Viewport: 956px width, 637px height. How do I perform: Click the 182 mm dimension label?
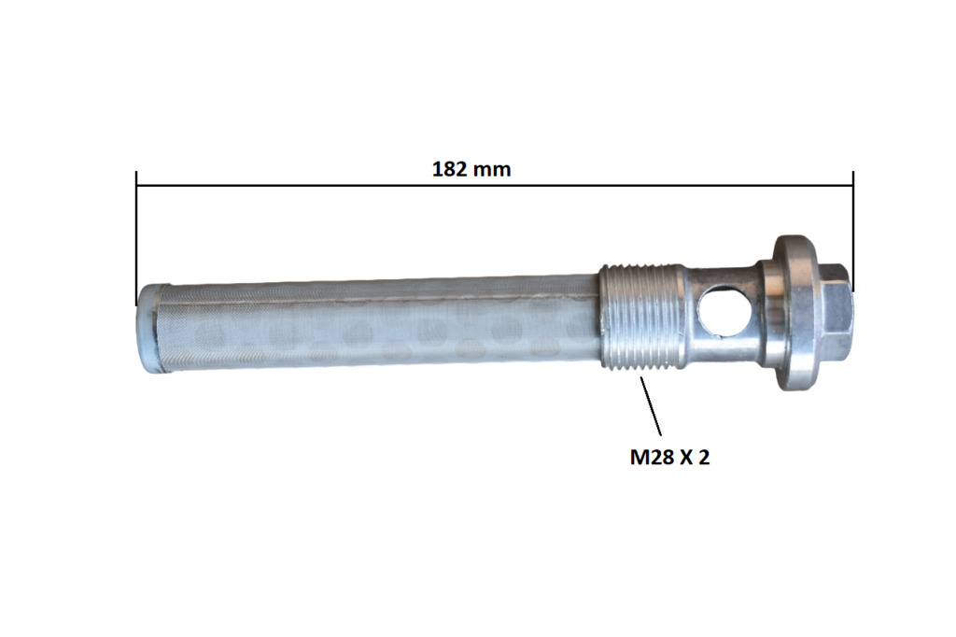[x=471, y=169]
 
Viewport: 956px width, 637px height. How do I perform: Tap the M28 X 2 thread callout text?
[x=669, y=457]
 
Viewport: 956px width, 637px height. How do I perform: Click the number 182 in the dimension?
[x=450, y=169]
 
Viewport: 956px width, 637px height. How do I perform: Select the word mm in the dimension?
[x=493, y=170]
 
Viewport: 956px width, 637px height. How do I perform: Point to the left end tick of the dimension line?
[x=136, y=238]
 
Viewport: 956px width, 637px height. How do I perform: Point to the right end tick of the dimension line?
[x=853, y=232]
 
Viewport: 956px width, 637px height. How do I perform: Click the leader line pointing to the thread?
[x=651, y=405]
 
